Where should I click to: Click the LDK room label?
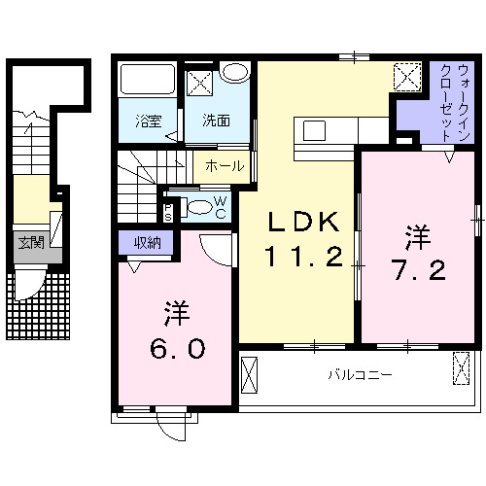[x=303, y=224]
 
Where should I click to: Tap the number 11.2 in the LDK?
[x=303, y=258]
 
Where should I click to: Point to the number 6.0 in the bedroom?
[x=176, y=346]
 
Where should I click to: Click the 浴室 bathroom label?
[x=149, y=121]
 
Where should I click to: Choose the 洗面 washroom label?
[x=216, y=121]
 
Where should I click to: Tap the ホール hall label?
[x=225, y=167]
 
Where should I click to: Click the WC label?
[x=221, y=207]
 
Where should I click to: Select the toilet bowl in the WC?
[x=197, y=206]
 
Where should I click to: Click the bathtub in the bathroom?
[x=147, y=81]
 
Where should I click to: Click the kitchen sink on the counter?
[x=316, y=129]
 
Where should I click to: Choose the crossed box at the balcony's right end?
[x=462, y=370]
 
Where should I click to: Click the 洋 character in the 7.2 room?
[x=417, y=235]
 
